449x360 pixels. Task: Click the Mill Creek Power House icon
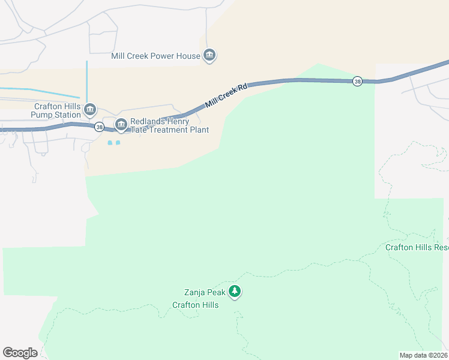(209, 56)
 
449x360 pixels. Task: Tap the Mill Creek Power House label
(155, 56)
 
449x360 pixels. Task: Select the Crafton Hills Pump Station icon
(90, 109)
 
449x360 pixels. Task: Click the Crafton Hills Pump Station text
(57, 110)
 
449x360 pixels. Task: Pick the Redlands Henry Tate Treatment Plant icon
(121, 125)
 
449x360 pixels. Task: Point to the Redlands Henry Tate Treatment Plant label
(170, 125)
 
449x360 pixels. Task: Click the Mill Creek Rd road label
(226, 96)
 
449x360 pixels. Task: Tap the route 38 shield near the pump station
(99, 127)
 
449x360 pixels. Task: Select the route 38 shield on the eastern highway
(357, 82)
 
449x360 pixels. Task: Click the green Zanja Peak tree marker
(235, 292)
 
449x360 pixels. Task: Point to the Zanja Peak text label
(205, 293)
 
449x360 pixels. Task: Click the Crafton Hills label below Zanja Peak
(195, 305)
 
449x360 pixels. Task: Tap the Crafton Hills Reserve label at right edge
(417, 247)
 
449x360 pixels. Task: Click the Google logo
(20, 353)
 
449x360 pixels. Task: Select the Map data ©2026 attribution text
(423, 355)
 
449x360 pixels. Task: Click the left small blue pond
(109, 143)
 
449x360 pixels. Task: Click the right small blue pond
(118, 143)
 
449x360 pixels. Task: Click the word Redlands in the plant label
(149, 121)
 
